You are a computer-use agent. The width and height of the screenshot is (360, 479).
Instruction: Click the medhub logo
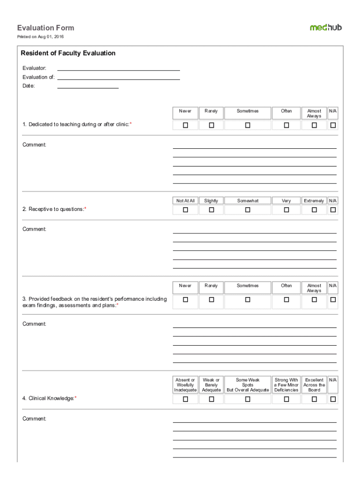pyautogui.click(x=325, y=27)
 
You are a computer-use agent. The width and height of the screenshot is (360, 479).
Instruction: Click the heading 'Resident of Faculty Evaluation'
pyautogui.click(x=68, y=53)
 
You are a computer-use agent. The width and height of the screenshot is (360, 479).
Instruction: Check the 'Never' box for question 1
pyautogui.click(x=185, y=125)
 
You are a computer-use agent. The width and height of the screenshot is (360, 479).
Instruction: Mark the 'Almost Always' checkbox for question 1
pyautogui.click(x=314, y=125)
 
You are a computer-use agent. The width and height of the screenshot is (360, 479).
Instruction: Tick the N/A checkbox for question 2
pyautogui.click(x=333, y=210)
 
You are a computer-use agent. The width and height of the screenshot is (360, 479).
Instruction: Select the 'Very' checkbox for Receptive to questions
pyautogui.click(x=286, y=210)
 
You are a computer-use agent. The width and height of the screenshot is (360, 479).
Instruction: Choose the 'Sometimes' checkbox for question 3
pyautogui.click(x=247, y=299)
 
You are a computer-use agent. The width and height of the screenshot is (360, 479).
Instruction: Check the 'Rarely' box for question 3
pyautogui.click(x=211, y=299)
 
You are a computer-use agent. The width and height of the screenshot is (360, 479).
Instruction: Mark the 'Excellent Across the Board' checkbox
pyautogui.click(x=314, y=399)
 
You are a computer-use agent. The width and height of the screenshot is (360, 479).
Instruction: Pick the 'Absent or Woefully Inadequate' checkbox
pyautogui.click(x=185, y=399)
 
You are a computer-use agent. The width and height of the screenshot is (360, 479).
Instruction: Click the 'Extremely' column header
pyautogui.click(x=314, y=201)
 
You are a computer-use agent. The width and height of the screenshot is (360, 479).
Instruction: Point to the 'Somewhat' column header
pyautogui.click(x=247, y=201)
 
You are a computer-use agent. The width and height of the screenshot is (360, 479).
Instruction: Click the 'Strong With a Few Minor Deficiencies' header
pyautogui.click(x=286, y=385)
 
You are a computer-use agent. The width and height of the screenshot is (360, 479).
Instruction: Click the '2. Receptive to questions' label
pyautogui.click(x=54, y=209)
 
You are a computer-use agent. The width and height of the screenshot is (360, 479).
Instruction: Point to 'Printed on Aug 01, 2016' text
pyautogui.click(x=41, y=36)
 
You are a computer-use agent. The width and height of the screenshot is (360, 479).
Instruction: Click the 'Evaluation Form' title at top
pyautogui.click(x=45, y=28)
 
